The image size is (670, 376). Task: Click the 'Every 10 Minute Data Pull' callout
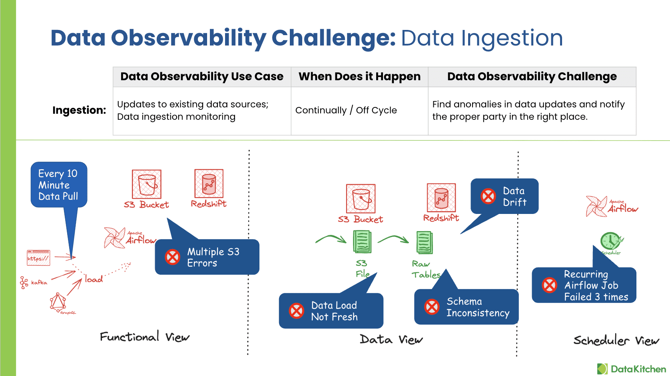[58, 185]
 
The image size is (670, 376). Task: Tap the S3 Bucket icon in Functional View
[147, 184]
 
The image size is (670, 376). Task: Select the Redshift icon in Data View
[441, 198]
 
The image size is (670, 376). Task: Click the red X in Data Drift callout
[488, 196]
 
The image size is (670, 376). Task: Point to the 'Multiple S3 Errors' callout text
[213, 257]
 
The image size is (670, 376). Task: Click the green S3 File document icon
[362, 242]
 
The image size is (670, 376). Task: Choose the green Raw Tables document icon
[425, 242]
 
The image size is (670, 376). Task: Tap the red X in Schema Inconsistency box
[432, 307]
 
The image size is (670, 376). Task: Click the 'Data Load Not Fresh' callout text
[334, 311]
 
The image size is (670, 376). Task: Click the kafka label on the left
[39, 283]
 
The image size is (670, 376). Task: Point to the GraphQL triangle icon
[58, 302]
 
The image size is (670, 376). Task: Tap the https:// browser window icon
[38, 257]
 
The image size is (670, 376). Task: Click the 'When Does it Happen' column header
[359, 77]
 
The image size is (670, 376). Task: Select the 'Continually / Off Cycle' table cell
[346, 111]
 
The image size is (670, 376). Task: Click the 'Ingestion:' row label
[79, 110]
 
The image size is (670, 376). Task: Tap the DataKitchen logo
[632, 369]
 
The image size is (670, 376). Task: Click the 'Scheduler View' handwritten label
[616, 340]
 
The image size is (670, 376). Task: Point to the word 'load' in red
[94, 279]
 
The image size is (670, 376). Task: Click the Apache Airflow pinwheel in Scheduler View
[596, 206]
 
